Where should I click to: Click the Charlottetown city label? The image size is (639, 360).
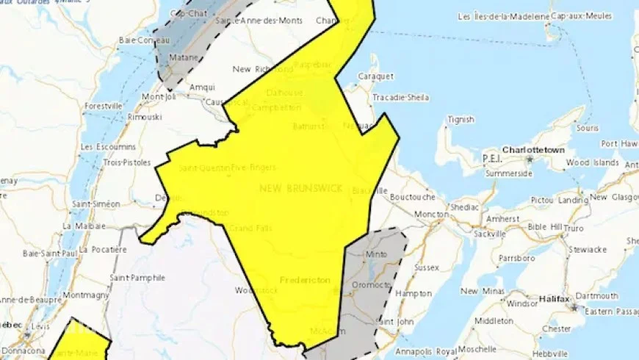[533, 150]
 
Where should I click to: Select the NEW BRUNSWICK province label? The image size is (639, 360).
[300, 189]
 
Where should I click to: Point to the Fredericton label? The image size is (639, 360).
[305, 280]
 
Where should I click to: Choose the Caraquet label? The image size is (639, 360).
[376, 76]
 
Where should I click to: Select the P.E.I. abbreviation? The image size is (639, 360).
[491, 159]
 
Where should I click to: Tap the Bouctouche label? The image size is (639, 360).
[412, 197]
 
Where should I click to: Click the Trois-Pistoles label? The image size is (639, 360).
[127, 162]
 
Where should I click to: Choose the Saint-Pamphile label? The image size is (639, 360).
[137, 277]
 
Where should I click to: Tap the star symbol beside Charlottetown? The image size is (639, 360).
[528, 158]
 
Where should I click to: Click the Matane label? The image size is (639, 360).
[181, 56]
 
